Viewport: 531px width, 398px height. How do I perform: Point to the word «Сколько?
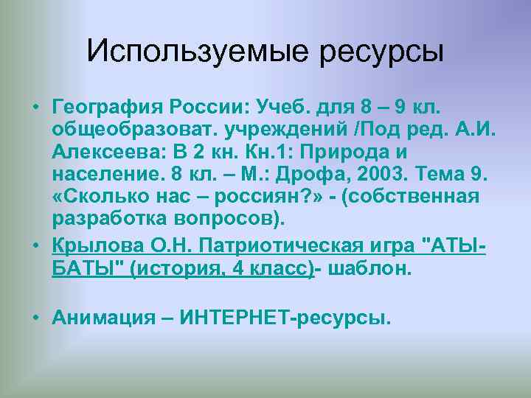(x=96, y=198)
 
